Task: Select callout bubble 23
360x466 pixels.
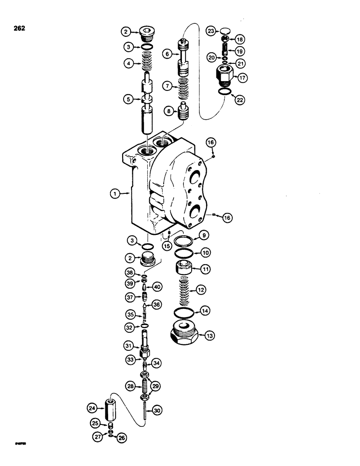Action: (211, 31)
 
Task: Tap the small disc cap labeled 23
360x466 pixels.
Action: (226, 31)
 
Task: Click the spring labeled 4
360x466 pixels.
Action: (147, 62)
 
